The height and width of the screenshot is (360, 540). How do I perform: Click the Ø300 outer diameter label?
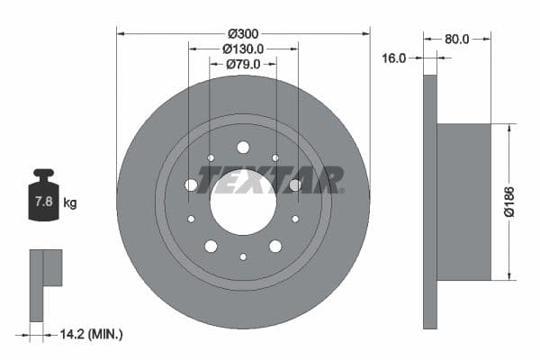tap(244, 34)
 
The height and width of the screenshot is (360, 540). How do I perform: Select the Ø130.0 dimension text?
tap(243, 49)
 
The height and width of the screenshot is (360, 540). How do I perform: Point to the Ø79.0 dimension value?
tap(243, 64)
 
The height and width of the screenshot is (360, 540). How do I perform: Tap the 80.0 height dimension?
tap(457, 40)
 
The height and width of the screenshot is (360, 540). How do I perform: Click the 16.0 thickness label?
tap(394, 58)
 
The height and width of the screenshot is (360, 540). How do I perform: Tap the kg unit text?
tap(70, 203)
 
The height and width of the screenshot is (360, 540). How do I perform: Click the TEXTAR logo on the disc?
tap(270, 181)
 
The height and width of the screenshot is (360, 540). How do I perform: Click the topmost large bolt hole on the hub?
tap(243, 147)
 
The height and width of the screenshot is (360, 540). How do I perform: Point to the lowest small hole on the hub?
tap(243, 256)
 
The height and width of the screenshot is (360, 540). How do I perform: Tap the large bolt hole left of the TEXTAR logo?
tap(191, 184)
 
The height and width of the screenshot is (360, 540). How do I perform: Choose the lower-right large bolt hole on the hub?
tap(275, 246)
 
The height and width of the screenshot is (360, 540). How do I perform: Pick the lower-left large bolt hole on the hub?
tap(211, 246)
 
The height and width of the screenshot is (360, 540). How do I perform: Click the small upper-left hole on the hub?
tap(211, 157)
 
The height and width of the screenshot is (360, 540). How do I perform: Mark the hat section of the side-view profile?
tap(463, 202)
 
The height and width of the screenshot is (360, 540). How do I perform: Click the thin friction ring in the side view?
tap(429, 202)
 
